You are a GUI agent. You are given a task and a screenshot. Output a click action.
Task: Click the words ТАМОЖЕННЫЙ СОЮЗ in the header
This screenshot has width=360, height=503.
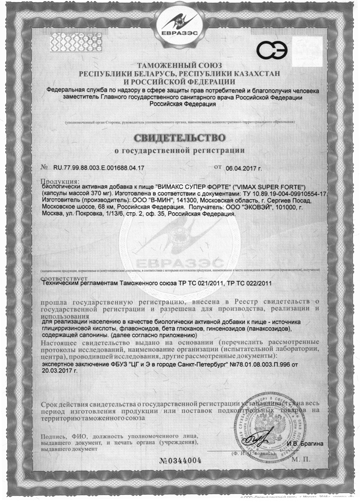(x=179, y=65)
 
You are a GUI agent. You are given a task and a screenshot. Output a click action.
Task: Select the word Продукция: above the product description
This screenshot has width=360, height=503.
(x=60, y=180)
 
